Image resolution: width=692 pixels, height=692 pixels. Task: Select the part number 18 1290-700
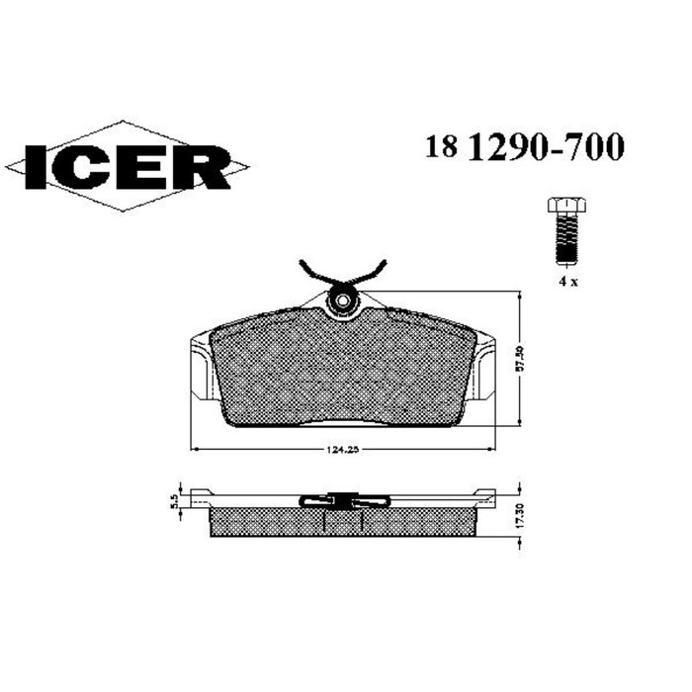(524, 147)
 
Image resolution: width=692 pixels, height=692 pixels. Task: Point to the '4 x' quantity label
(567, 281)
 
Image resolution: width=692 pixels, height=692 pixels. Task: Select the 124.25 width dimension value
(341, 451)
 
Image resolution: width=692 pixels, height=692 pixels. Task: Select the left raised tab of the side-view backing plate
(203, 493)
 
